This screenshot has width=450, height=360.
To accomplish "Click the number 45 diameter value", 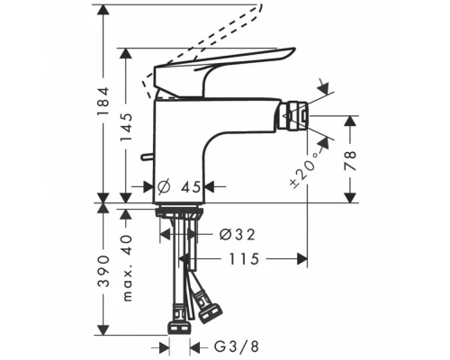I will point(188,187).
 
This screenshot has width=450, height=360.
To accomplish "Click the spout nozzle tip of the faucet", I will point(295,115).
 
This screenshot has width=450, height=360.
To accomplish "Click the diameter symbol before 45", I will point(163,187).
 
